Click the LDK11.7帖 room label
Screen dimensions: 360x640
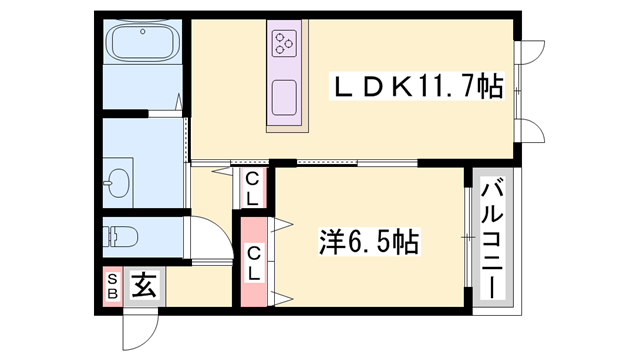pyautogui.click(x=418, y=88)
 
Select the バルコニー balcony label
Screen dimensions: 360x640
pyautogui.click(x=492, y=238)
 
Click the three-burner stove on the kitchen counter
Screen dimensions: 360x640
pyautogui.click(x=284, y=43)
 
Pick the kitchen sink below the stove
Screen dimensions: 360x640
pyautogui.click(x=283, y=96)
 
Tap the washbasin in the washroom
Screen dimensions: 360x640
pyautogui.click(x=118, y=184)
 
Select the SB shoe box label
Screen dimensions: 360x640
pyautogui.click(x=111, y=287)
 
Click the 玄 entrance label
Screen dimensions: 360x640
pyautogui.click(x=143, y=288)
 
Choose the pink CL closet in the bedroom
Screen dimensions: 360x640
pyautogui.click(x=254, y=262)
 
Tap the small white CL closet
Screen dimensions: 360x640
pyautogui.click(x=254, y=188)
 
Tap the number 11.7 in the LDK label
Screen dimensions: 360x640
pyautogui.click(x=440, y=88)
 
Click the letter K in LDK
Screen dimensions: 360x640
pyautogui.click(x=393, y=88)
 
